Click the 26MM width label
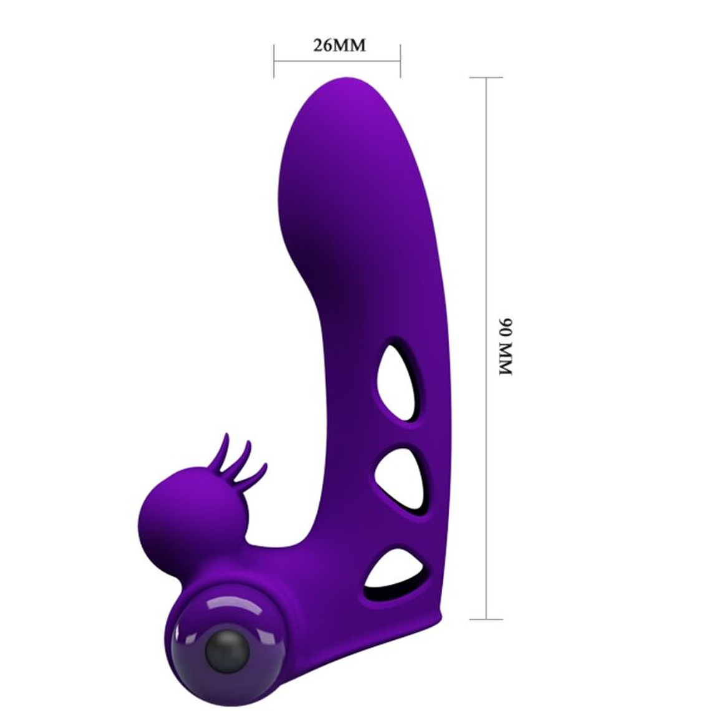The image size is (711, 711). point(339,46)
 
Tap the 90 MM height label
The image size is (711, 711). point(505,347)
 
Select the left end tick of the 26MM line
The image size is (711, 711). point(274,61)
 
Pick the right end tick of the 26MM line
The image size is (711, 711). point(400,61)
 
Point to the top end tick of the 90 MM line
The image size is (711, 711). point(486,77)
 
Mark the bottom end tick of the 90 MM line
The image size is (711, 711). point(486,619)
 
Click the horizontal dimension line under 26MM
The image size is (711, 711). point(337,61)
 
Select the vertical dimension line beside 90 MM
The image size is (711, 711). point(486,249)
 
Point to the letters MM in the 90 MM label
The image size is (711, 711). point(505,362)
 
